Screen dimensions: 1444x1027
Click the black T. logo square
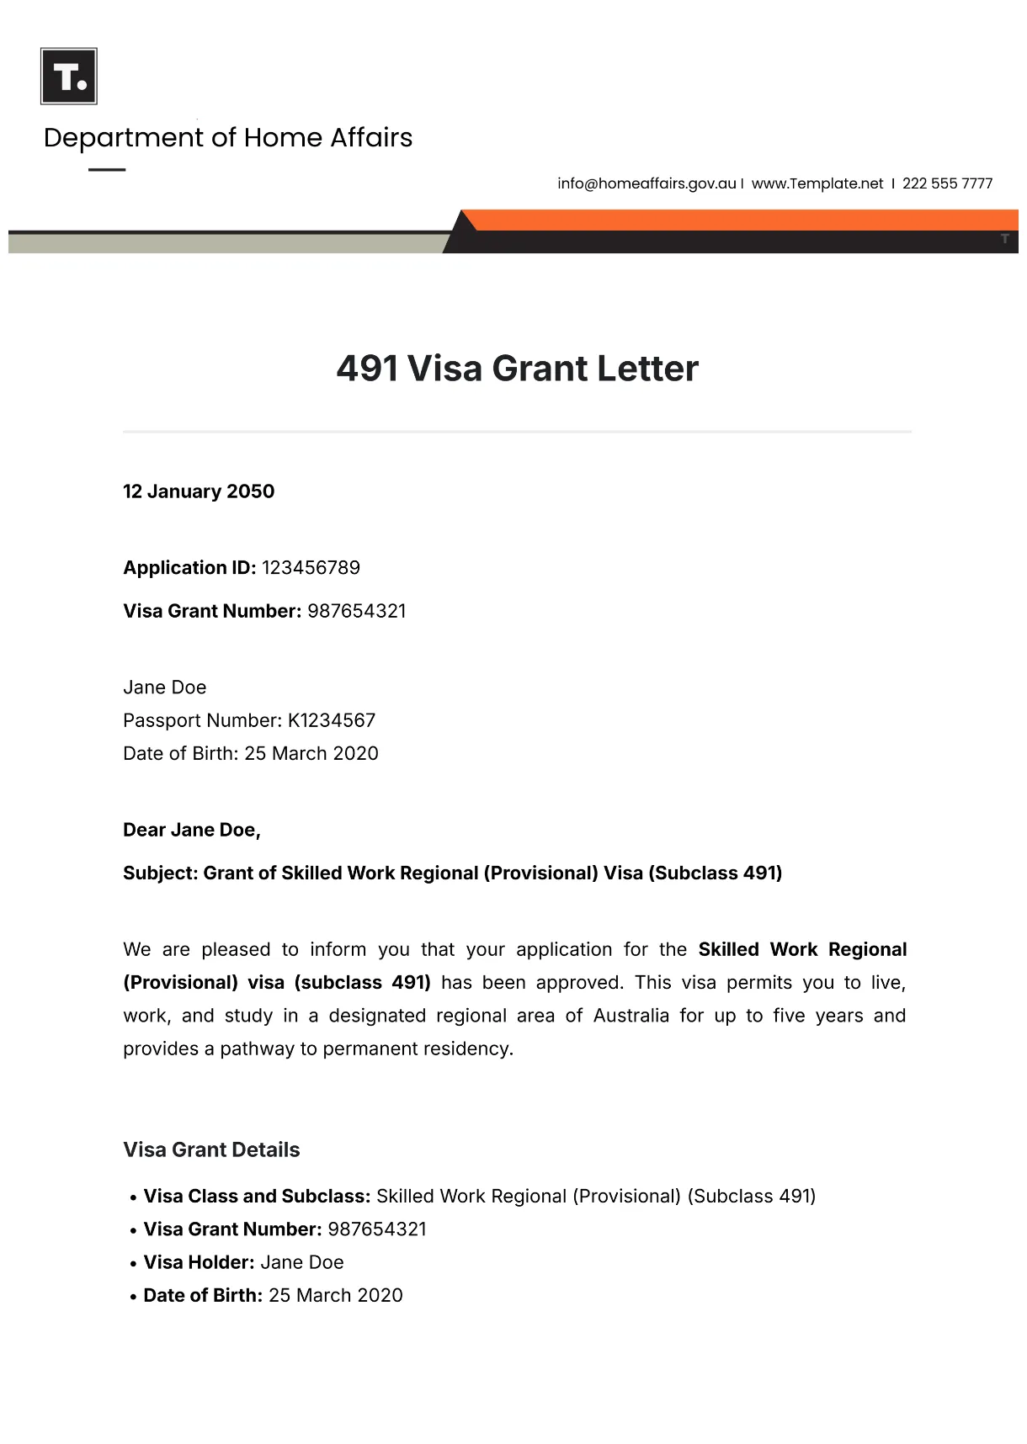tap(69, 77)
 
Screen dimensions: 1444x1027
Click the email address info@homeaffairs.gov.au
tap(647, 183)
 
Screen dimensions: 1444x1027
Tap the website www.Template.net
tap(817, 183)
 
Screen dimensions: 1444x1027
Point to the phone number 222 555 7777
tap(947, 183)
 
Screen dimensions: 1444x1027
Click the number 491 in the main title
tap(367, 369)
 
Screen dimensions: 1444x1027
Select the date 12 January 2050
tap(199, 491)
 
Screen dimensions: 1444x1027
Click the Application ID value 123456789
tap(311, 568)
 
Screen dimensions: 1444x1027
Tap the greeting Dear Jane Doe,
tap(192, 831)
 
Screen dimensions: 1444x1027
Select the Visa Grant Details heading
tap(211, 1150)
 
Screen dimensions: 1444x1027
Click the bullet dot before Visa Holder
tap(134, 1264)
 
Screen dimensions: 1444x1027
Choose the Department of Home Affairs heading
tap(228, 138)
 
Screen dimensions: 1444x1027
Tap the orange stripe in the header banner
tap(741, 220)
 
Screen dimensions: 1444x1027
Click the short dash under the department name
tap(107, 170)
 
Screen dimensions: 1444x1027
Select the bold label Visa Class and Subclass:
tap(257, 1197)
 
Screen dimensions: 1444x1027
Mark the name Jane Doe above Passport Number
tap(165, 687)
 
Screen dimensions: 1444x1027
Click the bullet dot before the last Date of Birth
tap(134, 1297)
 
